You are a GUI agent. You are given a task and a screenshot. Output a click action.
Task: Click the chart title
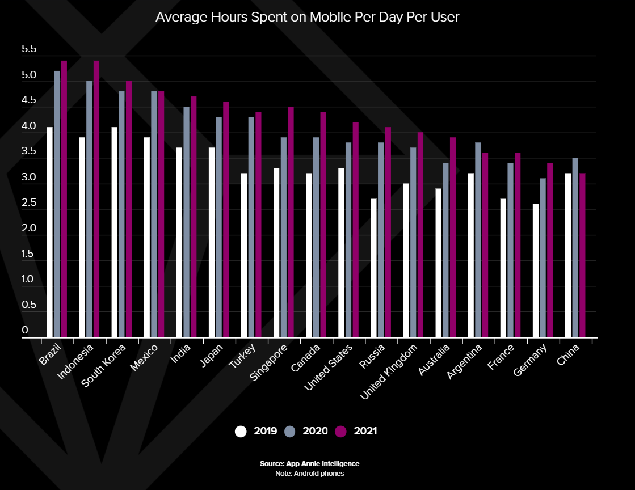(307, 18)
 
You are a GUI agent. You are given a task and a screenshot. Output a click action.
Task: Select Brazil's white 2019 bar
(49, 233)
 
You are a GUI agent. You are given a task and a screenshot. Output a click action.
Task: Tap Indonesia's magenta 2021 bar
(96, 198)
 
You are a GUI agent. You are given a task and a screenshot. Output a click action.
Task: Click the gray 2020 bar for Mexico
(154, 214)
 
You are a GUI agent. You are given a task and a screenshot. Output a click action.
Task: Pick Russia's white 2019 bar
(373, 268)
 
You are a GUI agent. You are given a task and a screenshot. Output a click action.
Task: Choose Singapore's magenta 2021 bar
(291, 222)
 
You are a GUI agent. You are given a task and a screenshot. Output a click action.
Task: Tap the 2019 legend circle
(241, 431)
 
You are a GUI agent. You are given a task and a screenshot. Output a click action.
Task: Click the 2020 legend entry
(307, 431)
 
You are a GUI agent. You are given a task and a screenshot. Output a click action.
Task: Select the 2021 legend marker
(340, 431)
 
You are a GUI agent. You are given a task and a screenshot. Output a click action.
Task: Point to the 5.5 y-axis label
(29, 50)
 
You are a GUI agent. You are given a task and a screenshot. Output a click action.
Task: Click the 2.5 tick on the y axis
(29, 203)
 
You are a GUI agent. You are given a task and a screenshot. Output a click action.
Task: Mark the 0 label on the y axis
(25, 330)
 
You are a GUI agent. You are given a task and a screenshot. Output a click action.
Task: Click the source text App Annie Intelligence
(309, 464)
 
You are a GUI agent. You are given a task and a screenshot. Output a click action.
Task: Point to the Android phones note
(309, 473)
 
